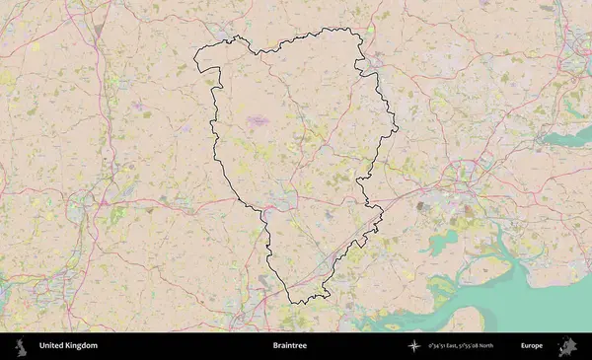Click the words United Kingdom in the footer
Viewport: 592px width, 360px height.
pyautogui.click(x=68, y=346)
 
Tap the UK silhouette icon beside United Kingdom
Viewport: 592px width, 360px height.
pyautogui.click(x=19, y=346)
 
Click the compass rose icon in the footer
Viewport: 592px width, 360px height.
pyautogui.click(x=414, y=346)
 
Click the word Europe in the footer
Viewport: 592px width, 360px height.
pyautogui.click(x=532, y=346)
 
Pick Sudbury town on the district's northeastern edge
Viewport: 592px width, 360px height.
pyautogui.click(x=373, y=64)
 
